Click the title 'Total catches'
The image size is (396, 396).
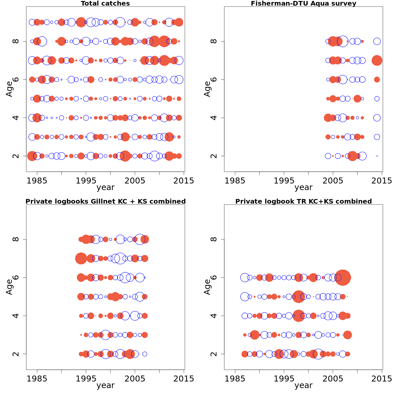(x=105, y=4)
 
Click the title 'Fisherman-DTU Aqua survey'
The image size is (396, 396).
(x=303, y=4)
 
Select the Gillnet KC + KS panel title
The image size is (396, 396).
(x=105, y=202)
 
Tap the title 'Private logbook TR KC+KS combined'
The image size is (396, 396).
(x=303, y=202)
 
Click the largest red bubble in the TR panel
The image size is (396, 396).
(x=343, y=278)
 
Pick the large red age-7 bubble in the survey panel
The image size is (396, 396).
(x=377, y=60)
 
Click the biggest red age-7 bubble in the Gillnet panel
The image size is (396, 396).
(x=81, y=258)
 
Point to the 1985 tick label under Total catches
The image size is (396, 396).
(x=37, y=181)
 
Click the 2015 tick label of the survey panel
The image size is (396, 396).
(x=382, y=181)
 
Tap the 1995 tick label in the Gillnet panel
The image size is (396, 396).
(x=86, y=379)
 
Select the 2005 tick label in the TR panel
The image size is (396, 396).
(x=333, y=379)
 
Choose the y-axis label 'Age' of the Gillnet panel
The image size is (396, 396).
(x=9, y=287)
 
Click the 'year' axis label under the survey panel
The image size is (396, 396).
(x=303, y=188)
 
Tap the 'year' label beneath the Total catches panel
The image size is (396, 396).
(x=105, y=188)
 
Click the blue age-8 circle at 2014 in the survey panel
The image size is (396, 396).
(x=377, y=41)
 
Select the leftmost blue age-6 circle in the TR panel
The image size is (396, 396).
(x=245, y=278)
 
